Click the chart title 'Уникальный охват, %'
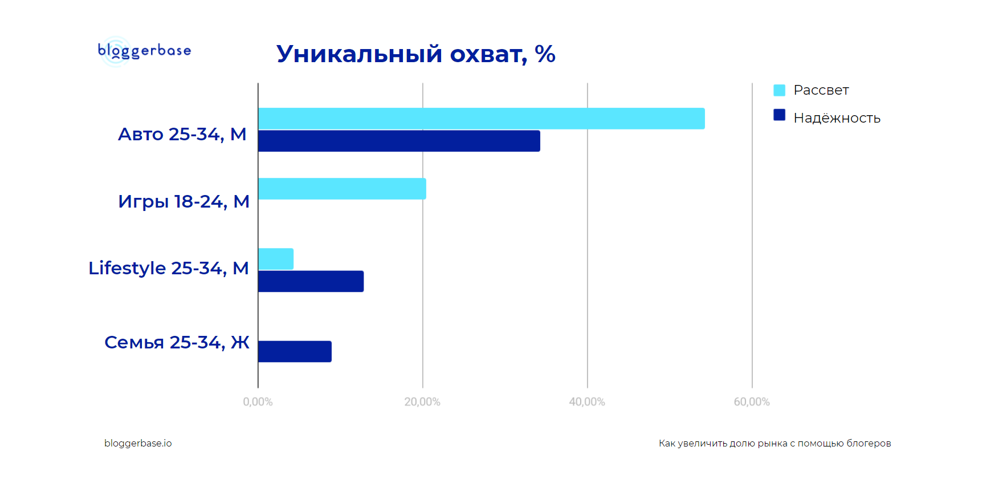(x=415, y=54)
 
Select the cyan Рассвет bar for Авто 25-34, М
(x=482, y=119)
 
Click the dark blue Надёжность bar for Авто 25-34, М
(x=399, y=141)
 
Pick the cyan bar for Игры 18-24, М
(x=342, y=189)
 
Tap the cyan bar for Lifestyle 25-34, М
(x=276, y=259)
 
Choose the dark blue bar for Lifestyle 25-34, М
(x=311, y=281)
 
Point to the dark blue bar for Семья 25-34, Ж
(x=295, y=351)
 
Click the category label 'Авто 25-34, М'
(x=182, y=135)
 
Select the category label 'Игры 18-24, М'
(x=184, y=202)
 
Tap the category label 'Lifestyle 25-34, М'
(x=169, y=268)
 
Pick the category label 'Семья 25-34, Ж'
(x=177, y=342)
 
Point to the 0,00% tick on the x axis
(x=258, y=402)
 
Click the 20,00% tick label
(x=422, y=402)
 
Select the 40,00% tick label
(x=587, y=402)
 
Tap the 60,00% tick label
(x=752, y=402)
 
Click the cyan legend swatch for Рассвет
(x=779, y=90)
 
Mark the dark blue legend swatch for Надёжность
(x=779, y=115)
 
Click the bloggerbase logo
(x=144, y=51)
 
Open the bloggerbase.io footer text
(x=138, y=443)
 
